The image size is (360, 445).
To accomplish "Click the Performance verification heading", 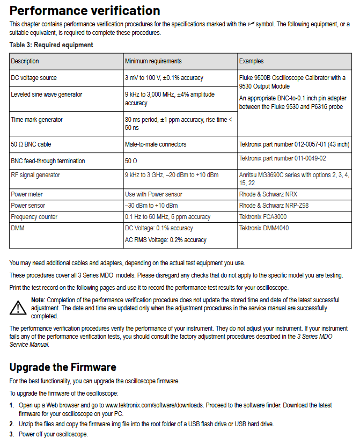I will pyautogui.click(x=85, y=11).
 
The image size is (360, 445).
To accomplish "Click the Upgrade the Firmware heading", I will pyautogui.click(x=63, y=367).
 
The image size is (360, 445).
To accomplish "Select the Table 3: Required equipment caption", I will pyautogui.click(x=52, y=45).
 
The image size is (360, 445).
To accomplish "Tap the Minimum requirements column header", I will pyautogui.click(x=153, y=61).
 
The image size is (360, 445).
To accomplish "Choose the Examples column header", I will pyautogui.click(x=251, y=61).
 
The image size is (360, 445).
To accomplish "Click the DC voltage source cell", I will pyautogui.click(x=34, y=78).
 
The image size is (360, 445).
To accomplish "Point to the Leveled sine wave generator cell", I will pyautogui.click(x=47, y=94).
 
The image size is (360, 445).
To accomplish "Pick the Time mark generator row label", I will pyautogui.click(x=37, y=120).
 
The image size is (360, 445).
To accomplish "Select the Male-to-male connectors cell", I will pyautogui.click(x=156, y=144).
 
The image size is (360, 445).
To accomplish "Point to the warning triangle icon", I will pyautogui.click(x=19, y=307).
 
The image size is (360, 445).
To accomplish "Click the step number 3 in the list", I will pyautogui.click(x=12, y=434).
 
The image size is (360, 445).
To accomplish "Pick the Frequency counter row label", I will pyautogui.click(x=34, y=217).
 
